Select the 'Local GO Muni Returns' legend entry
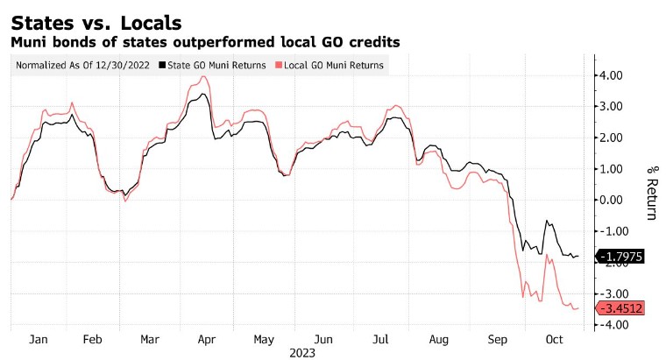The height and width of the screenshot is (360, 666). click(332, 65)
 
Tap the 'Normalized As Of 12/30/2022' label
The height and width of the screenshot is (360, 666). click(81, 65)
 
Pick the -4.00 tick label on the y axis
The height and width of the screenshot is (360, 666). click(611, 324)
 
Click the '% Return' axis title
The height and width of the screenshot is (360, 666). click(650, 193)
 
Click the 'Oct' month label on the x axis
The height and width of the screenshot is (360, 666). click(553, 339)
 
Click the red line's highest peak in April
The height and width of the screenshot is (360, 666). click(204, 76)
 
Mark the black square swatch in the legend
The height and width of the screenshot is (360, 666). click(163, 65)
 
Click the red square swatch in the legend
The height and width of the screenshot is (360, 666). click(279, 65)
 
